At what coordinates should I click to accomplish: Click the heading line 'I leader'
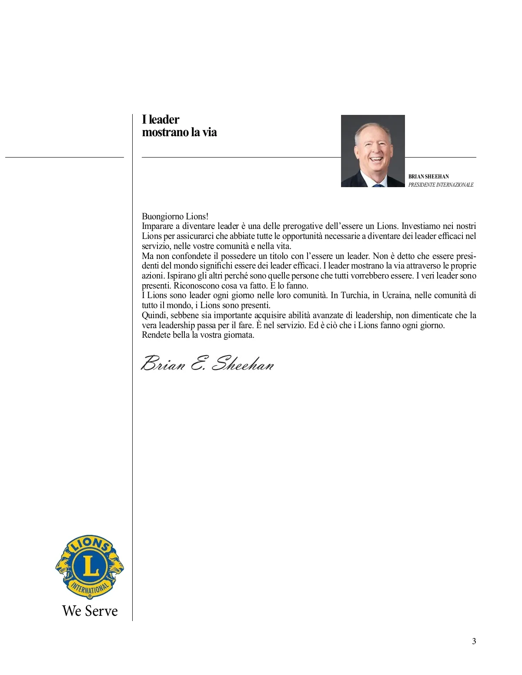(161, 120)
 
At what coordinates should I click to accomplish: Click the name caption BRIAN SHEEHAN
(428, 177)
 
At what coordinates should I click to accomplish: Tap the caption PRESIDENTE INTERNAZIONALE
(441, 185)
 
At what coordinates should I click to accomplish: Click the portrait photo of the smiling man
(373, 151)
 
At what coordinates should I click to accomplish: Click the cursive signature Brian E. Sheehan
(207, 363)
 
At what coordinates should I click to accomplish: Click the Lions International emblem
(90, 567)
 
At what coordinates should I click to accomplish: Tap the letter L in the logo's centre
(90, 566)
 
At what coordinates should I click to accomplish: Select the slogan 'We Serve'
(90, 611)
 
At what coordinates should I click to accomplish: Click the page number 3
(474, 641)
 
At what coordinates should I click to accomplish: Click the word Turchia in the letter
(355, 296)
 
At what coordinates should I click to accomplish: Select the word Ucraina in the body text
(396, 296)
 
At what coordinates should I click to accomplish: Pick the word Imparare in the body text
(157, 226)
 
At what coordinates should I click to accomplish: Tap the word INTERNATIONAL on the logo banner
(90, 589)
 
